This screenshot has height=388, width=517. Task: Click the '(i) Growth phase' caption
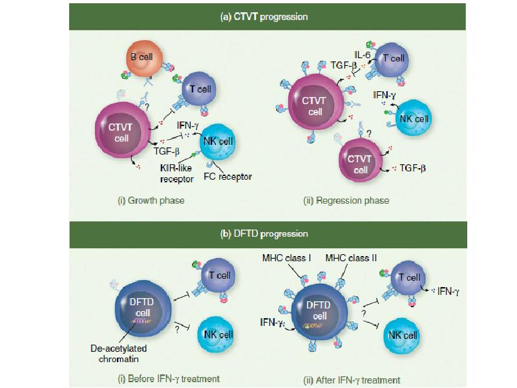[151, 200]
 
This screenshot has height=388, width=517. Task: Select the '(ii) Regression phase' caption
[346, 200]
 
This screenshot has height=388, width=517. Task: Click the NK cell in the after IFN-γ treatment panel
[401, 334]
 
